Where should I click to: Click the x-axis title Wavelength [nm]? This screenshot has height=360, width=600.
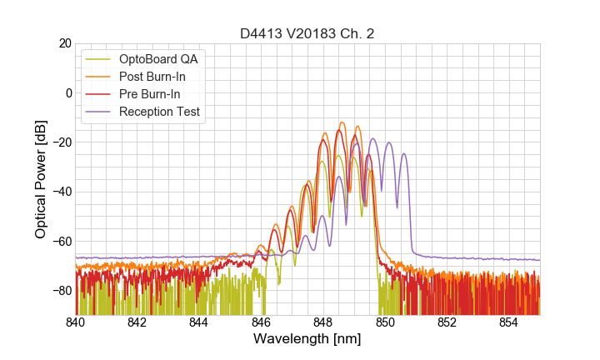point(307,340)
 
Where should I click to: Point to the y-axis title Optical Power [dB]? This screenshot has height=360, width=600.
point(41,179)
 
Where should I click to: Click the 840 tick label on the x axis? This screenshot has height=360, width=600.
point(76,322)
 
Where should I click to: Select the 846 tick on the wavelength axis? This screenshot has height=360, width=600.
point(261,322)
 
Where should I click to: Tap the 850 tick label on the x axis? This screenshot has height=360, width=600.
point(385,322)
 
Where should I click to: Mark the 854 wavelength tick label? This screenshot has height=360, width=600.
point(508,322)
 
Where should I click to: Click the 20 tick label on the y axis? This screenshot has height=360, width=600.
point(63,43)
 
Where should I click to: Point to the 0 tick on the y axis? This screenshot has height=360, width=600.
point(67,92)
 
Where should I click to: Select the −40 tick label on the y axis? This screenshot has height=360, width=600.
point(60,192)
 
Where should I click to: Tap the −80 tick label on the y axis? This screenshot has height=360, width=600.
point(60,291)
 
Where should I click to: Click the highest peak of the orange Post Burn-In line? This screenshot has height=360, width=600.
point(342,122)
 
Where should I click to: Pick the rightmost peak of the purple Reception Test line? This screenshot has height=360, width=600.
point(404,154)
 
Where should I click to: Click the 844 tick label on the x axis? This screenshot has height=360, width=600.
point(199,322)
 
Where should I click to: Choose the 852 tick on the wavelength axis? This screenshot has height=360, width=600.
point(447,322)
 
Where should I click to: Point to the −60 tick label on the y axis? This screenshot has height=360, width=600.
point(60,242)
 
